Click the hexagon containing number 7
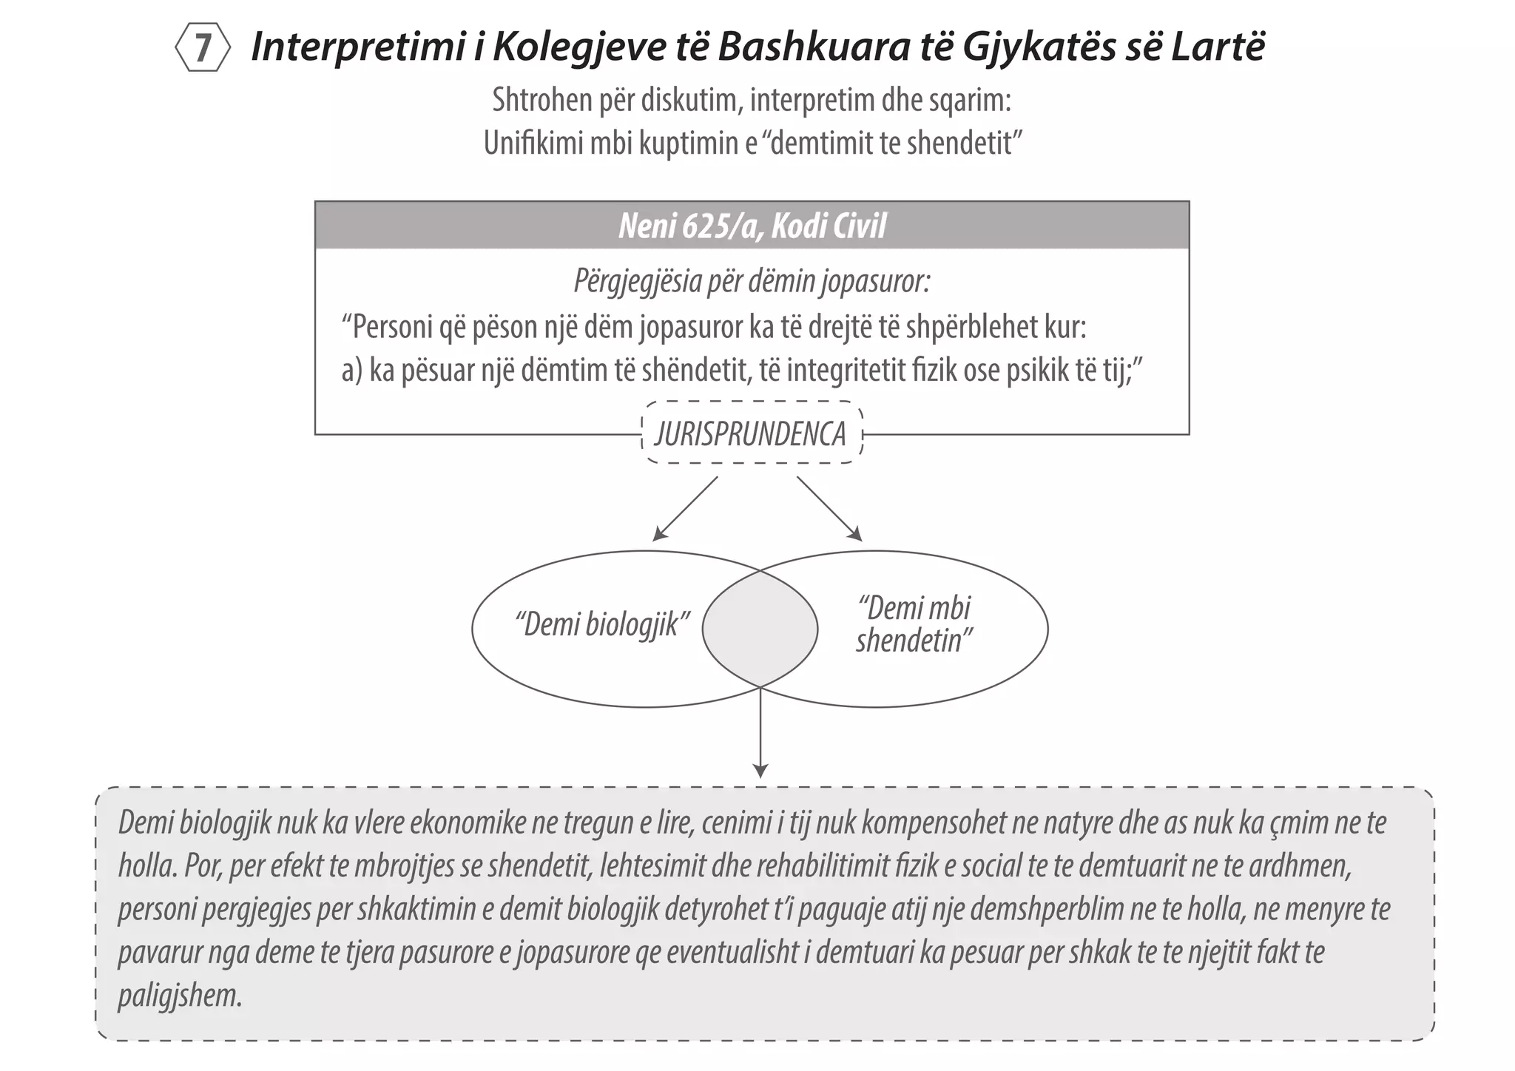click(202, 48)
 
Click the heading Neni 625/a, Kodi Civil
click(752, 226)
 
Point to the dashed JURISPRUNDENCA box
click(751, 434)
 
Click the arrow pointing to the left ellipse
click(685, 508)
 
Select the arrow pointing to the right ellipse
click(829, 508)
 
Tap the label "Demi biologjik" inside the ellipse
click(602, 625)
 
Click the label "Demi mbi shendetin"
click(914, 625)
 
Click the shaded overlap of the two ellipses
click(760, 629)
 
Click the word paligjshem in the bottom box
click(180, 996)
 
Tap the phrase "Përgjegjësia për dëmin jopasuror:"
click(752, 282)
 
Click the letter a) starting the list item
click(352, 371)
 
